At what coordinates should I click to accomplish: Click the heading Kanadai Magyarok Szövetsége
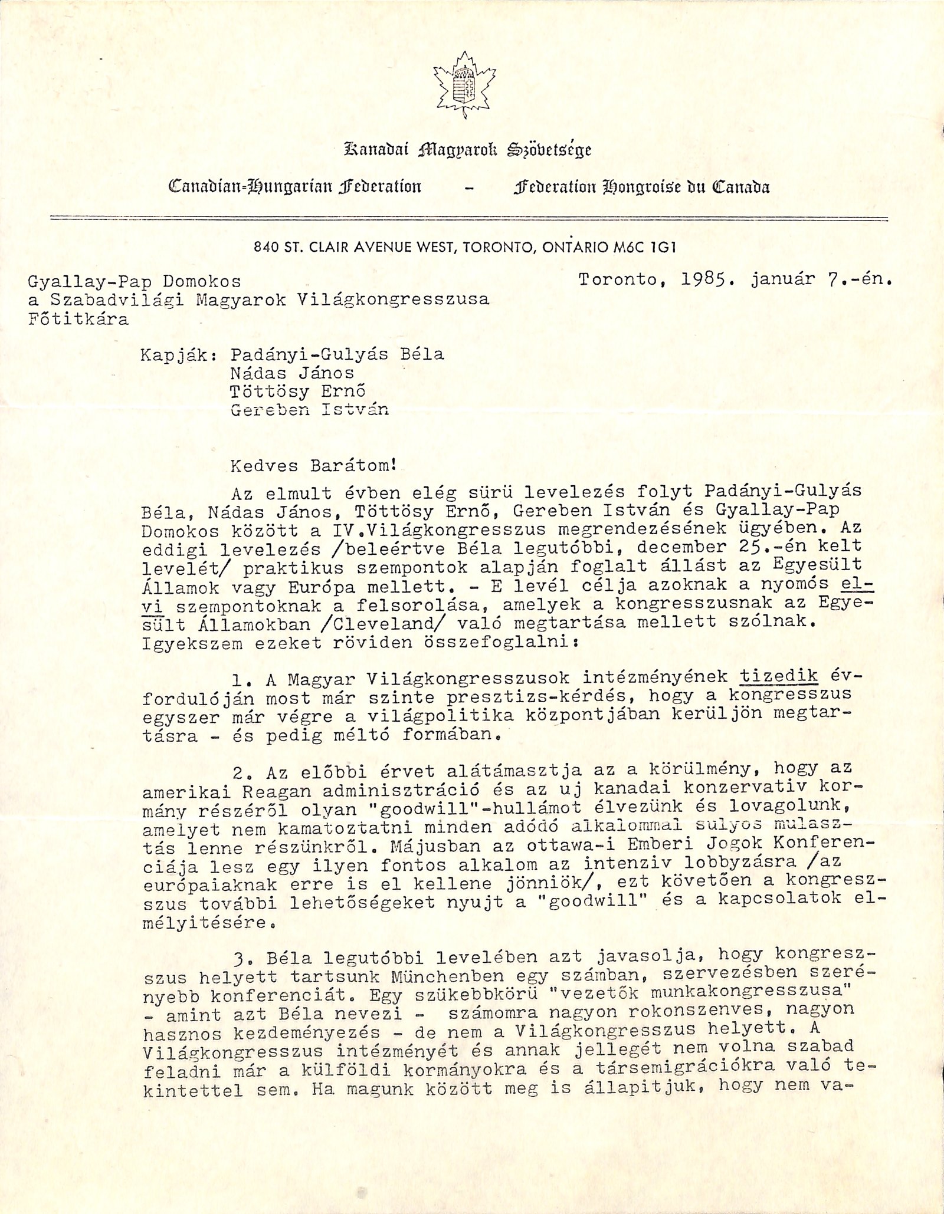[x=467, y=150]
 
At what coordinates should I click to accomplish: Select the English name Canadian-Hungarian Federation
[x=295, y=187]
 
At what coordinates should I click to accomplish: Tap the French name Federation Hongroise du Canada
[x=642, y=187]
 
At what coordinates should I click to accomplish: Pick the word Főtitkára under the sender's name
[x=78, y=320]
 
